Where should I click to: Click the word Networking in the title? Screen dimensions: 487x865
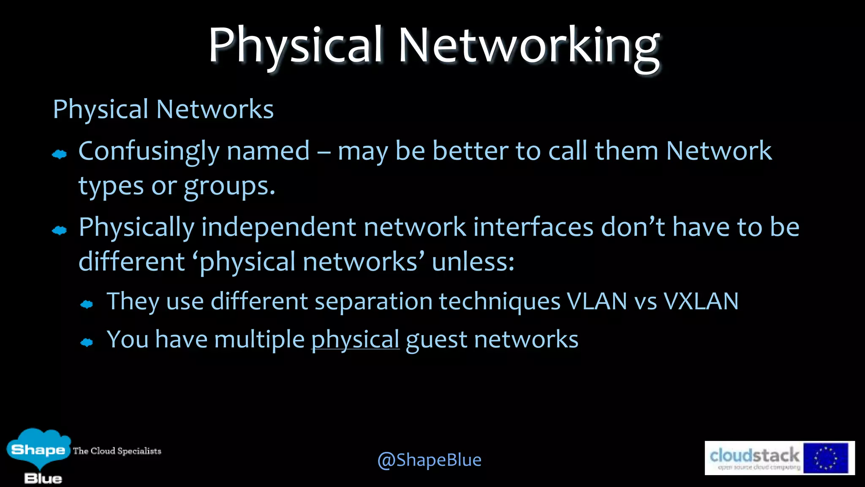(529, 46)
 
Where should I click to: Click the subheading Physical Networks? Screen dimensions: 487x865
(163, 109)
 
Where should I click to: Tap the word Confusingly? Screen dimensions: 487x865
(148, 151)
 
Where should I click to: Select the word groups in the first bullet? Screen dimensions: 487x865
(229, 186)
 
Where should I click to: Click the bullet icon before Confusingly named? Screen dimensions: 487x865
(60, 154)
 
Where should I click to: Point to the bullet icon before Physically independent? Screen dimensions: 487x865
(60, 230)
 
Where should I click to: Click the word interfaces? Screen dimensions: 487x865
(533, 227)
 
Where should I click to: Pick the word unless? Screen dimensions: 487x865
(473, 262)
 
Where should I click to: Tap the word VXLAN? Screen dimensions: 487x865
(701, 301)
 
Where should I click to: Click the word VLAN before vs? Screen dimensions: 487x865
(596, 301)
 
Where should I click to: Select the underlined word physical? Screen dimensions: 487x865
(355, 339)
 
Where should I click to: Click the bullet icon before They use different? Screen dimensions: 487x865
(87, 304)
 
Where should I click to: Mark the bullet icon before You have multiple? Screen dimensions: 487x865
(87, 342)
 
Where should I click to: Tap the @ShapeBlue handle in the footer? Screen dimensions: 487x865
(429, 460)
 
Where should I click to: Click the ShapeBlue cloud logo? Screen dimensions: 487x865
(38, 451)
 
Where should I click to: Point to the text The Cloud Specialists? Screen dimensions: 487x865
(117, 451)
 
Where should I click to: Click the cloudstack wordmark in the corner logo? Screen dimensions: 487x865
(754, 455)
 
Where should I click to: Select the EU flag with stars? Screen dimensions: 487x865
(825, 458)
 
